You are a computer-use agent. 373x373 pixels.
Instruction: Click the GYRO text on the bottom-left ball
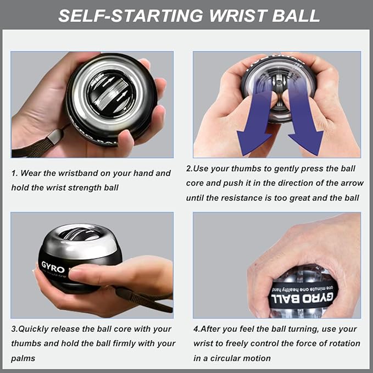click(x=53, y=269)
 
